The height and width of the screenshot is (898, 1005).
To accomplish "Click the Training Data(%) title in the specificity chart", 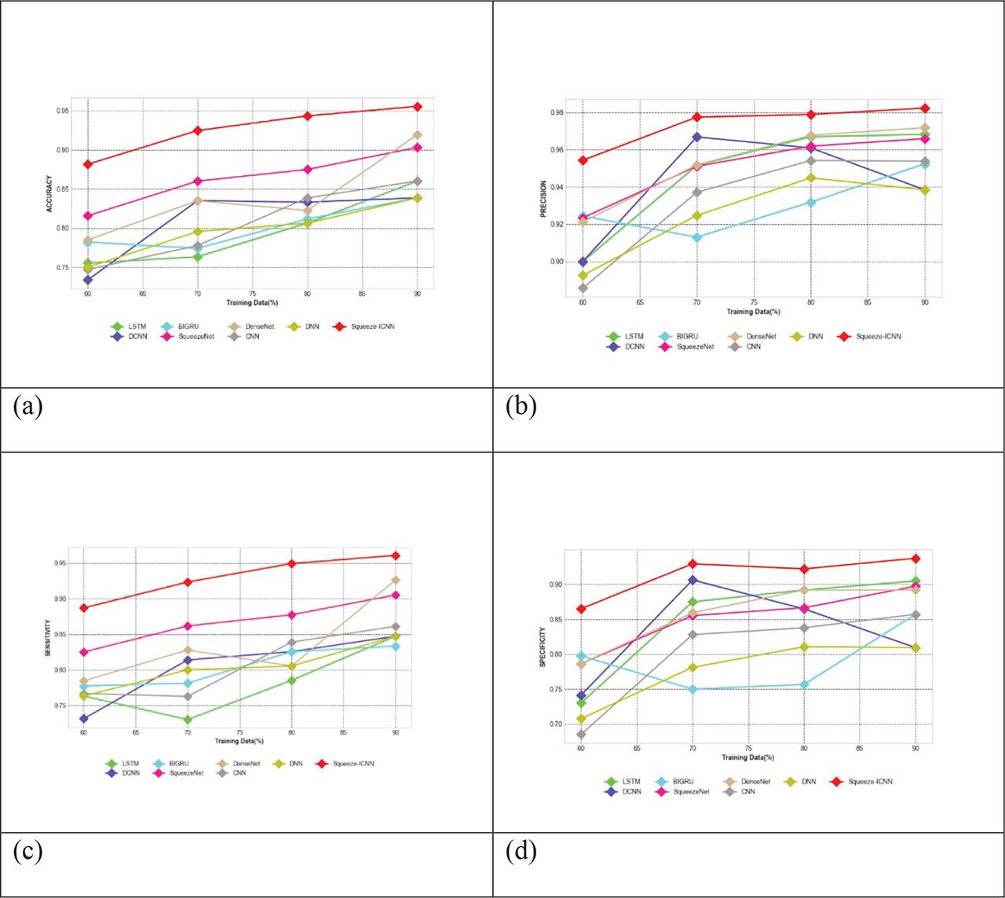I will (x=747, y=757).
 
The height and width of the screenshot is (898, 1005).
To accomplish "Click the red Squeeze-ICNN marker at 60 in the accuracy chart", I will (x=88, y=164).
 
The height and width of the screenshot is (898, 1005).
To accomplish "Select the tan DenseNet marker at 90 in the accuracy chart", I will (x=418, y=135).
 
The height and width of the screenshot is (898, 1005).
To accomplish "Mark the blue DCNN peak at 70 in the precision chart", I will (x=696, y=137).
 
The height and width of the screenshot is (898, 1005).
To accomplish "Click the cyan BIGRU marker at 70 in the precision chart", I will (x=696, y=237).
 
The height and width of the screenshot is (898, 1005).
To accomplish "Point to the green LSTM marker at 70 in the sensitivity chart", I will (x=188, y=720).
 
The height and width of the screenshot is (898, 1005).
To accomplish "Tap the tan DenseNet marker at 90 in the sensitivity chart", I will (x=396, y=580).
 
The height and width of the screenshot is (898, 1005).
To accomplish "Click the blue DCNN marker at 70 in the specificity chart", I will (x=693, y=580).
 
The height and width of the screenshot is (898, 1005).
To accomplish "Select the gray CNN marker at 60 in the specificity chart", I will (x=581, y=735).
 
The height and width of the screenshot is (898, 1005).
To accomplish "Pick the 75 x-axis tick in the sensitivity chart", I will (x=239, y=733).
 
